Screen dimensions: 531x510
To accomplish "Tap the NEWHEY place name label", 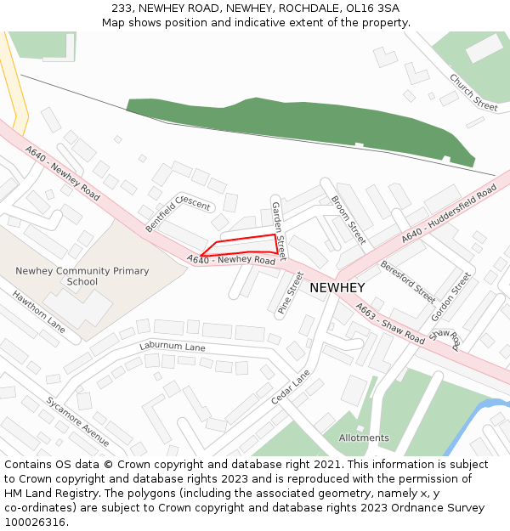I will coord(337,288).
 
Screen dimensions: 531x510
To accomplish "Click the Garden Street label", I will coord(279,230).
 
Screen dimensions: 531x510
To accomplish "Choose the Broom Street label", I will coord(348,220).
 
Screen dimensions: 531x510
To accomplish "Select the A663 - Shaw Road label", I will coord(390,323).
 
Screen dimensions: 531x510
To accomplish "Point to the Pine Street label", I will coord(291,293).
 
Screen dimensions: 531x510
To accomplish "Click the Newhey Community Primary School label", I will coord(82,276).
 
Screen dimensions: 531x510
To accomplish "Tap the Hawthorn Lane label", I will coord(38,311).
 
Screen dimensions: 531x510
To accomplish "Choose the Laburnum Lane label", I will coord(173,347).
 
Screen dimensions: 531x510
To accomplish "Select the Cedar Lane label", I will coord(292,387).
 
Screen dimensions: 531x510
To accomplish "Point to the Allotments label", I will coord(364,438).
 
